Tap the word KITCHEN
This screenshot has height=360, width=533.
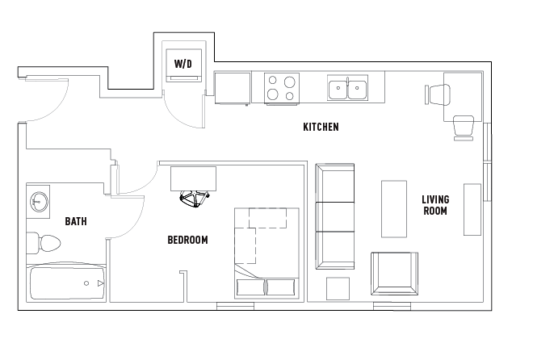coord(321,127)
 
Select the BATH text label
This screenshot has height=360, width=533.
coord(76,221)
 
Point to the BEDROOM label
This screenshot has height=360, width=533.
coord(187,240)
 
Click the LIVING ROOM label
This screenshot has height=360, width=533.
coord(435,205)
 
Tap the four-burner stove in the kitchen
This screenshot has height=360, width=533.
coord(282,87)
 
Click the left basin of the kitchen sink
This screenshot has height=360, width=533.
coord(338,88)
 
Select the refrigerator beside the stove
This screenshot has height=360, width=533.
coord(233,87)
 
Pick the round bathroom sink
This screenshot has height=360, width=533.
coord(38,200)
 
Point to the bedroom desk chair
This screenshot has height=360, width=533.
coord(194,198)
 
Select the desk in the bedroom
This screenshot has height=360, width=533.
coord(193,178)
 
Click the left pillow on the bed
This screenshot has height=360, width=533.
coord(250,287)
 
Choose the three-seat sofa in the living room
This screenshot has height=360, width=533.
coord(334,216)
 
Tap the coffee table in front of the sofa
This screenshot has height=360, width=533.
coord(393,208)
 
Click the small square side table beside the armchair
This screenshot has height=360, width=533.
coord(338,288)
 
